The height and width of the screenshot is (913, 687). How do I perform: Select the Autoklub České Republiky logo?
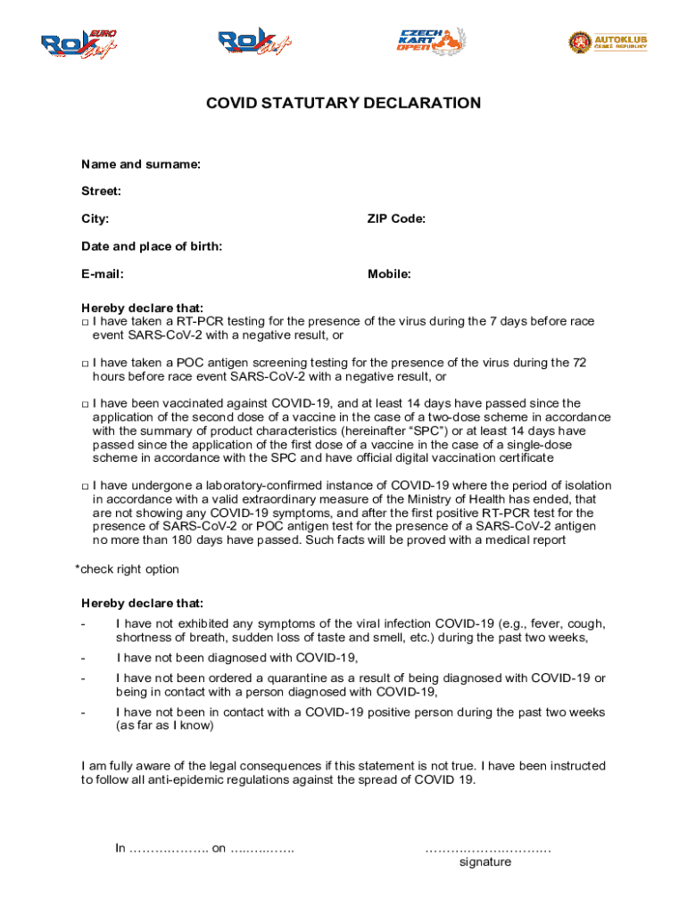608,42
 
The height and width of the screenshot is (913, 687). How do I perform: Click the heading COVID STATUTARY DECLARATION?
343,103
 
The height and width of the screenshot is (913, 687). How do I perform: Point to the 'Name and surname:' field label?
141,164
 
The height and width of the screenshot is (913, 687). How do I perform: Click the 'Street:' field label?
101,191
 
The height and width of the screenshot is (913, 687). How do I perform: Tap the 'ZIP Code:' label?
396,218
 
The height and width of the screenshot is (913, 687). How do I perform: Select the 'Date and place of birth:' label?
152,246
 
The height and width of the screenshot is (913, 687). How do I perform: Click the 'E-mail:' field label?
103,274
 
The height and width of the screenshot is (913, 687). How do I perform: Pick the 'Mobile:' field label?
389,274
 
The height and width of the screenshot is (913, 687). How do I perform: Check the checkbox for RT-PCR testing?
85,322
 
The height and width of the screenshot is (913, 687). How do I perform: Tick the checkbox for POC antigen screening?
85,364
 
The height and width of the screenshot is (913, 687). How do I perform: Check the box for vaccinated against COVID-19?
85,405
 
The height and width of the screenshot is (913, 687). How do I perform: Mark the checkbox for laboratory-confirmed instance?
85,487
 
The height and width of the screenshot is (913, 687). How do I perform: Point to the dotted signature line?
488,848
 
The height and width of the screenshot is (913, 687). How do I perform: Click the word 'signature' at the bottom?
485,862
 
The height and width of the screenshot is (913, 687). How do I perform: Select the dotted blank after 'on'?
262,848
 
